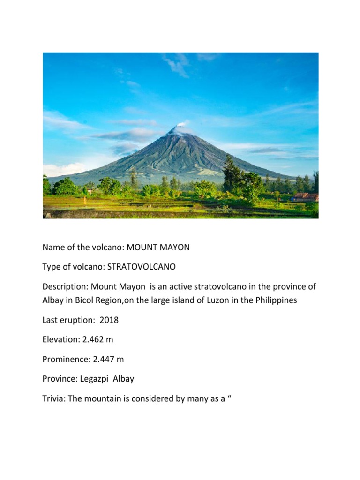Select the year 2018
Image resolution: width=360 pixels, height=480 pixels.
point(109,320)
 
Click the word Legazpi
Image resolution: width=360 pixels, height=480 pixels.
point(93,379)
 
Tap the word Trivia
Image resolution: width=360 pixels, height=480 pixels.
point(53,398)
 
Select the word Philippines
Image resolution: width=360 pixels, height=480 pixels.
point(274,300)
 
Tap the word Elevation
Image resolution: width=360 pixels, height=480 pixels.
point(58,340)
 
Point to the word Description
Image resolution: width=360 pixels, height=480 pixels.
point(65,286)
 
